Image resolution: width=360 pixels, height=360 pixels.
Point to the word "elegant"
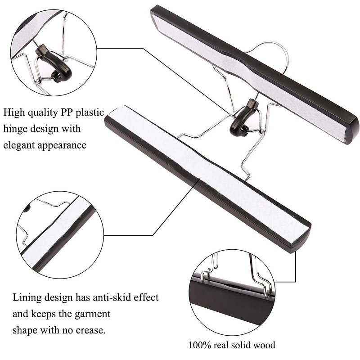pos(22,145)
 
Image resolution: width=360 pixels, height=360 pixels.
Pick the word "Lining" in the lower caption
pos(26,297)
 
